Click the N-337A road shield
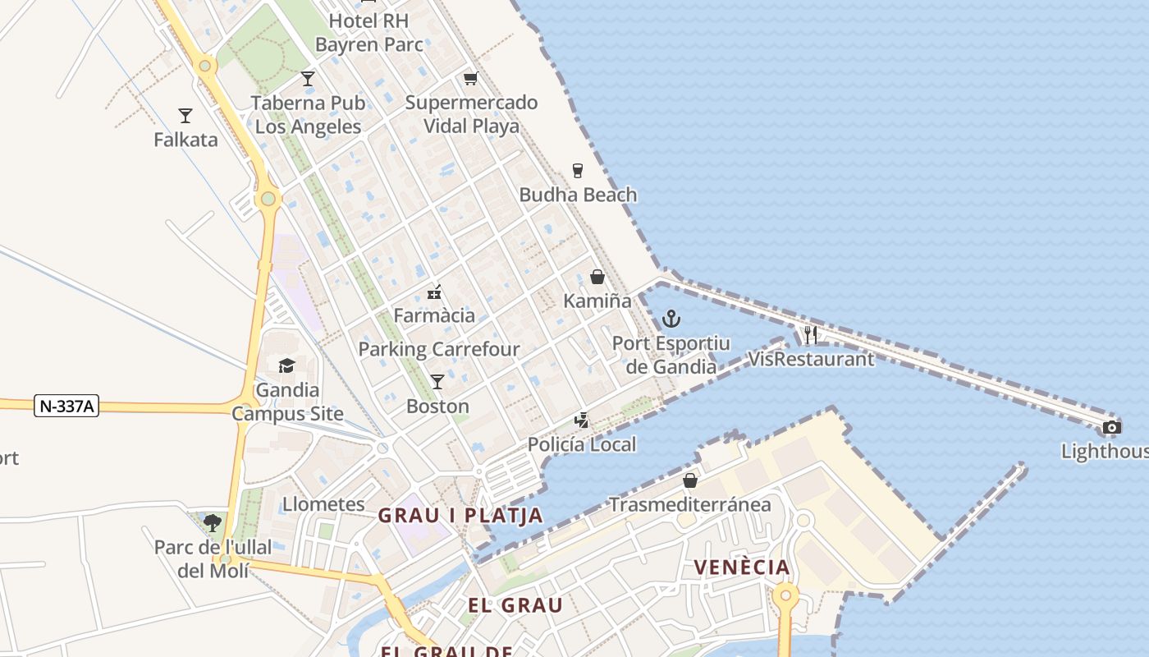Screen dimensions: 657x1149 (66, 405)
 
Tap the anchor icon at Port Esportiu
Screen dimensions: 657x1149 (671, 319)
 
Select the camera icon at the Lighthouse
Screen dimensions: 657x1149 (1111, 427)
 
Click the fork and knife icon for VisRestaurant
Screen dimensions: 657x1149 (811, 334)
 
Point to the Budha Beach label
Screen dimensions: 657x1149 (578, 195)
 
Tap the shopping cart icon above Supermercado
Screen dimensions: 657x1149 (470, 79)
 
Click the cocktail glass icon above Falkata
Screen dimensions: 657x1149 (185, 116)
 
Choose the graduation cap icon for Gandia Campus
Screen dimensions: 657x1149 (286, 365)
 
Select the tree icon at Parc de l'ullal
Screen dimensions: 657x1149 (213, 522)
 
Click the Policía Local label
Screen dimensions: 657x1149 (582, 444)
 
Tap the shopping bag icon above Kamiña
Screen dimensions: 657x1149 (597, 277)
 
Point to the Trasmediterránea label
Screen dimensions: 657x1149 (690, 504)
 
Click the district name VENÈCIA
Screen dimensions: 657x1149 (742, 567)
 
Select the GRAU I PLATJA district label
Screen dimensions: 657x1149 (460, 516)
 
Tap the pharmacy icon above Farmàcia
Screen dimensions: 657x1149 (434, 292)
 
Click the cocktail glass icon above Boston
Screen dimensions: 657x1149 (437, 382)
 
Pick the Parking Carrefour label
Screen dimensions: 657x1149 (439, 349)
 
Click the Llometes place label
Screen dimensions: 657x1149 (323, 503)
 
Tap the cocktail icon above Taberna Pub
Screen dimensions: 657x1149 (308, 79)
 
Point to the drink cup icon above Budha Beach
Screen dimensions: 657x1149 (578, 171)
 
